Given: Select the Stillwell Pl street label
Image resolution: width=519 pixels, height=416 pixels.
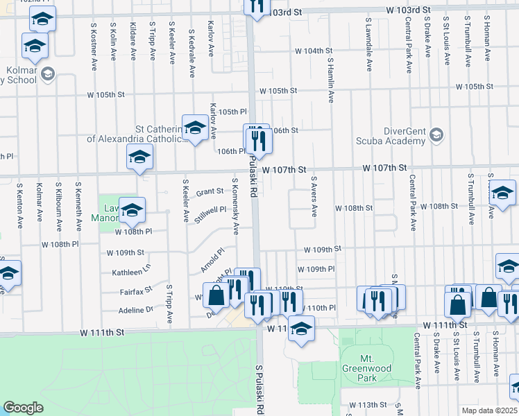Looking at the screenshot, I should (211, 214).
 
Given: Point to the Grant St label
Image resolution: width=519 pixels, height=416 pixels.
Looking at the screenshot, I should (210, 191).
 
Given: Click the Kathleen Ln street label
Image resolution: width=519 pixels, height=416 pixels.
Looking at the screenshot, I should (131, 272).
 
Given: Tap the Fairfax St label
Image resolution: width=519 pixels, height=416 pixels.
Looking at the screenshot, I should (137, 292).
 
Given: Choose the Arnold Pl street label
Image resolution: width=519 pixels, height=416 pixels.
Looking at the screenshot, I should (213, 261).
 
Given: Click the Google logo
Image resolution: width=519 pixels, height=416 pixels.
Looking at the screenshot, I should (23, 408).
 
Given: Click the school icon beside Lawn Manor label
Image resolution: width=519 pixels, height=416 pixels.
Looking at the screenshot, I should (132, 211).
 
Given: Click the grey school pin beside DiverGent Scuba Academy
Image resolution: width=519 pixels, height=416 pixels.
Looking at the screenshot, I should (436, 133).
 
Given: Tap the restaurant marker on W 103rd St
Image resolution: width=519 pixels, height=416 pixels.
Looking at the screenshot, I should (257, 7).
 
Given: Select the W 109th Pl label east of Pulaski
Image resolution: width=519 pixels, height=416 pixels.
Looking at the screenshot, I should (316, 269).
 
